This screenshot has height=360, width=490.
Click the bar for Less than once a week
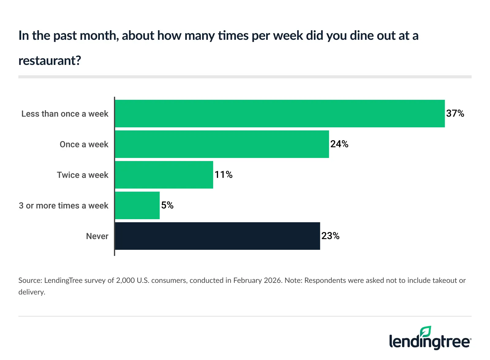(x=280, y=114)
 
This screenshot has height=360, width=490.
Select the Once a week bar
(x=222, y=144)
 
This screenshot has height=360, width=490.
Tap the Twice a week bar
(x=164, y=175)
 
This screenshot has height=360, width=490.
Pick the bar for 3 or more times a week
(x=137, y=205)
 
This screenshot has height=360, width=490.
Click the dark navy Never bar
(x=217, y=236)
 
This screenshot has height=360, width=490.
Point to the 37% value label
(x=455, y=114)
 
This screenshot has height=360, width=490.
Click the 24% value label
(x=339, y=144)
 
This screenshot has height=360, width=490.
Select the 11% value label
(x=224, y=175)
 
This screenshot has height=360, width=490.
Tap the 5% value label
(x=168, y=205)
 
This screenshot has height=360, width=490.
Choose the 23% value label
(x=330, y=236)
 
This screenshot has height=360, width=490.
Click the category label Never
(x=97, y=236)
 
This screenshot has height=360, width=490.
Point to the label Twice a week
(x=82, y=175)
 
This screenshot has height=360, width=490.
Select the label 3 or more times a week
(x=63, y=206)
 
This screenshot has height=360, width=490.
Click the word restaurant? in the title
(x=50, y=61)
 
